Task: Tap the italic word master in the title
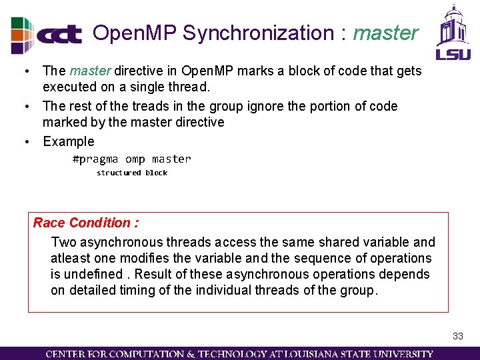coord(385,33)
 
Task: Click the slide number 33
coord(457,336)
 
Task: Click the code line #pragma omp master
coord(131,159)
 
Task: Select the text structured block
coord(131,173)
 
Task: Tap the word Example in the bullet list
coord(69,141)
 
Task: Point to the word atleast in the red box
coord(71,258)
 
